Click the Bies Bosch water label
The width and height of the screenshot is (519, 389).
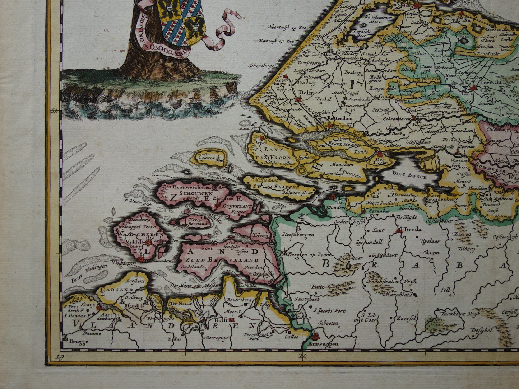pyautogui.click(x=410, y=177)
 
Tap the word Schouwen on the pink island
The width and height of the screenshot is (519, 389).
pyautogui.click(x=186, y=192)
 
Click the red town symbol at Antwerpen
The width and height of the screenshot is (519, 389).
pyautogui.click(x=315, y=337)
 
